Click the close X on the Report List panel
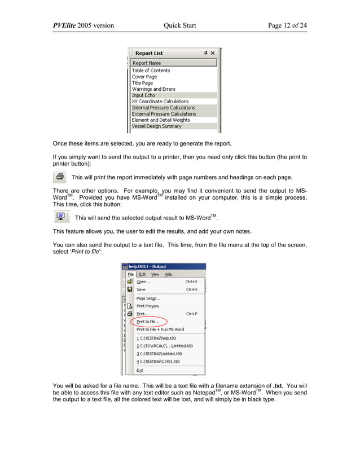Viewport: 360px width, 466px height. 212,53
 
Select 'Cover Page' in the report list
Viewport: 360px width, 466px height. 144,77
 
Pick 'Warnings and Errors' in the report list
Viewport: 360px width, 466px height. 153,89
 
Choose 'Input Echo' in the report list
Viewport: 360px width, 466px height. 143,95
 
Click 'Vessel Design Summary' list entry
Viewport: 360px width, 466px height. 156,126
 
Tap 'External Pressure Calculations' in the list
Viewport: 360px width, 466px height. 164,114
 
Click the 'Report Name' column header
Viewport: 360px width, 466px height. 147,63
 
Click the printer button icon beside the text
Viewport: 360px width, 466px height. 59,177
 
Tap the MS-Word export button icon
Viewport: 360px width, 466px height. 61,217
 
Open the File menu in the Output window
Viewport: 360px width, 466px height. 130,274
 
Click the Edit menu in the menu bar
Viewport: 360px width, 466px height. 142,274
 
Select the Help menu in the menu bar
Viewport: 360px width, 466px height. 168,274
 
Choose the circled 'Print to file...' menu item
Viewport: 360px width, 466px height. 148,322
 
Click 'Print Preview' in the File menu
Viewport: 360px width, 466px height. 148,306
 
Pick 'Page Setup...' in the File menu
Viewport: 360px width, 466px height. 148,298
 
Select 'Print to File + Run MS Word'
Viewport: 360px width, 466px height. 160,329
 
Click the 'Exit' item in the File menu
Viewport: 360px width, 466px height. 140,370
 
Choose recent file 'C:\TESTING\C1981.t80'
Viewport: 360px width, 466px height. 159,361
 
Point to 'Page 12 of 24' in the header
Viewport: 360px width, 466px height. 287,25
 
